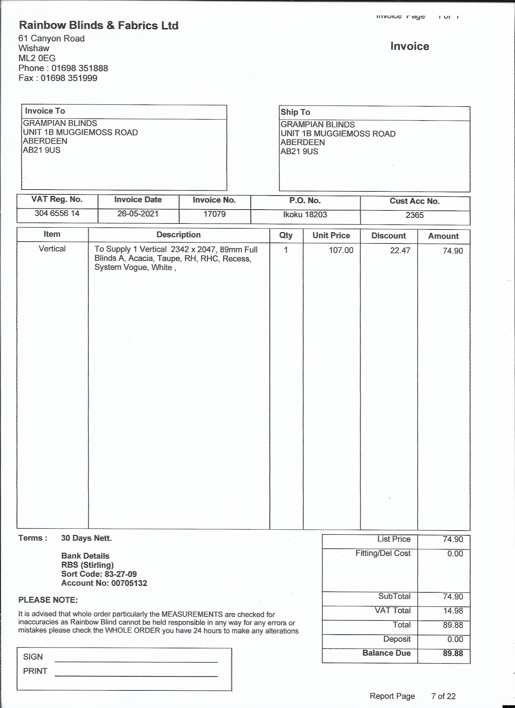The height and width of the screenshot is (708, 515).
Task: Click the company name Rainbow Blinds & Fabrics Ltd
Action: (99, 25)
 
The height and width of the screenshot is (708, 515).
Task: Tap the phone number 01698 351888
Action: (80, 68)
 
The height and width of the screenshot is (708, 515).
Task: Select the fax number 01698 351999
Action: (69, 78)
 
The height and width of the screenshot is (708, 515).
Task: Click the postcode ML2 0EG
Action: (37, 58)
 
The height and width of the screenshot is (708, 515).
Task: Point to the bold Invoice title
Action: (410, 46)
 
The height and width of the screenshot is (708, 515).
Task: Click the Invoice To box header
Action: (45, 111)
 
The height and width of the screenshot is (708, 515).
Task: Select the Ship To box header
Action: (295, 112)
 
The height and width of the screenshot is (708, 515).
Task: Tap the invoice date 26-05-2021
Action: (138, 214)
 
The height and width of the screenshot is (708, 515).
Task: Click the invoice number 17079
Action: (214, 214)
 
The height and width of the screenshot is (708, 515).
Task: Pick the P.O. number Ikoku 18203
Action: (305, 214)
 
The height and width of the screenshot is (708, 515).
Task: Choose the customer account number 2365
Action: (414, 215)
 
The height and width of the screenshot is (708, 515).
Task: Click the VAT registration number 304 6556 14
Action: (57, 213)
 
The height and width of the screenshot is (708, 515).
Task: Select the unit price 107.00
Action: (341, 250)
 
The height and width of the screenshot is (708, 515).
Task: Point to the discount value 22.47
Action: (400, 250)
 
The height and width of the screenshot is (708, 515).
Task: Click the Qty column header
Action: (286, 235)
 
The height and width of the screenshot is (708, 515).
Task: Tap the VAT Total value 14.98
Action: (453, 610)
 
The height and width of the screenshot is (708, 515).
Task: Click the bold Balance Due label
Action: (386, 653)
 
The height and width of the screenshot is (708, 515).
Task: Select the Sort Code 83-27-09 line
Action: (99, 574)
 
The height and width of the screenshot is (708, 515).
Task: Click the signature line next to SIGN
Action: (136, 661)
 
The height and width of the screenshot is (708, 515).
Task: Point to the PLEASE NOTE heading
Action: (48, 600)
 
